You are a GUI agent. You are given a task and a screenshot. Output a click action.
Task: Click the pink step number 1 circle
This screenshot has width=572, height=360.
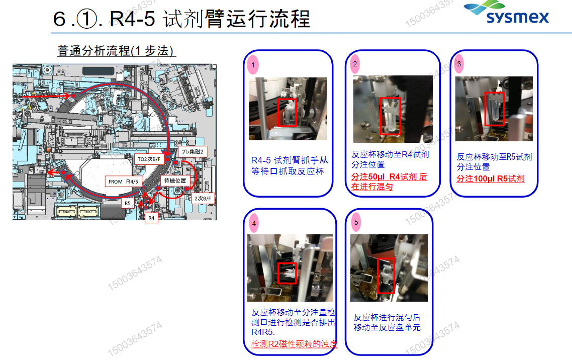(253, 65)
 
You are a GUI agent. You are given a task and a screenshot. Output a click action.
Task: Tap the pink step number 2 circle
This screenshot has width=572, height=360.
(355, 64)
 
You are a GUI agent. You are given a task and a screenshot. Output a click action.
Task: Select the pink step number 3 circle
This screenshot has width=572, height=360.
(459, 64)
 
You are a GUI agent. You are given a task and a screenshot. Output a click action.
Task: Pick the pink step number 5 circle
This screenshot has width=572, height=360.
(356, 222)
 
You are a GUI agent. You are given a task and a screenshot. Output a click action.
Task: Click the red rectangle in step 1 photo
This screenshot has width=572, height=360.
(288, 112)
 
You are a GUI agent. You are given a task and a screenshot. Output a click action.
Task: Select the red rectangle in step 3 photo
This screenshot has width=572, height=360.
(494, 108)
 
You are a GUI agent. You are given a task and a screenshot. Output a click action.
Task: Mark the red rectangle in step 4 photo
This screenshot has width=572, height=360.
(288, 272)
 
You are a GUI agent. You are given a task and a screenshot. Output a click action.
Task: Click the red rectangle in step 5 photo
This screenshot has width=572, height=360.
(386, 276)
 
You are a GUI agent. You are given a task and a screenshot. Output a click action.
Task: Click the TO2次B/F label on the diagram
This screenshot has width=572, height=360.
(149, 159)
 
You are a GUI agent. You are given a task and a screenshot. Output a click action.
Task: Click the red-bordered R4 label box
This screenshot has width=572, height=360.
(151, 218)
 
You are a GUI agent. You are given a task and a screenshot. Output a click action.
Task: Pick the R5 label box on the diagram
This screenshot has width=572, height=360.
(128, 203)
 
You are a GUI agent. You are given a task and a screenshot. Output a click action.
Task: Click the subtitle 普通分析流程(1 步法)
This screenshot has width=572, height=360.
(116, 51)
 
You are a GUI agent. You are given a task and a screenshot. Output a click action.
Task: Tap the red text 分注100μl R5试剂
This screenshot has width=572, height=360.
(490, 179)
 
